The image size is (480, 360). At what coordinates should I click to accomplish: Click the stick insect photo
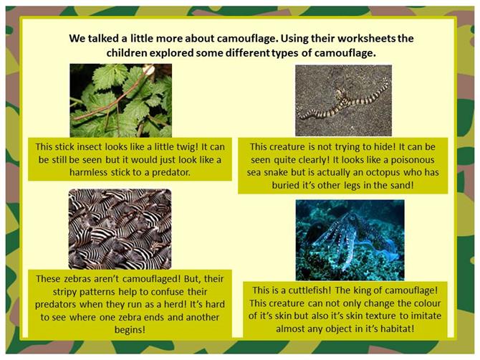click(x=120, y=100)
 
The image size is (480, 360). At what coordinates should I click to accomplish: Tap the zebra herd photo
click(x=120, y=229)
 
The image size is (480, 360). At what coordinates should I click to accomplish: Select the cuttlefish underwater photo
click(x=350, y=240)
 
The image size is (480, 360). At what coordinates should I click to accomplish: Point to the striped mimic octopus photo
click(x=343, y=100)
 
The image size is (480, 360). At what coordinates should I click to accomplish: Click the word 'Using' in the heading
click(x=294, y=39)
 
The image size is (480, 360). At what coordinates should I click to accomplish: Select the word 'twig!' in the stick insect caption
click(x=186, y=147)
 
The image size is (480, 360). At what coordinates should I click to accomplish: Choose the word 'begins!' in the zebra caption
click(x=130, y=330)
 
